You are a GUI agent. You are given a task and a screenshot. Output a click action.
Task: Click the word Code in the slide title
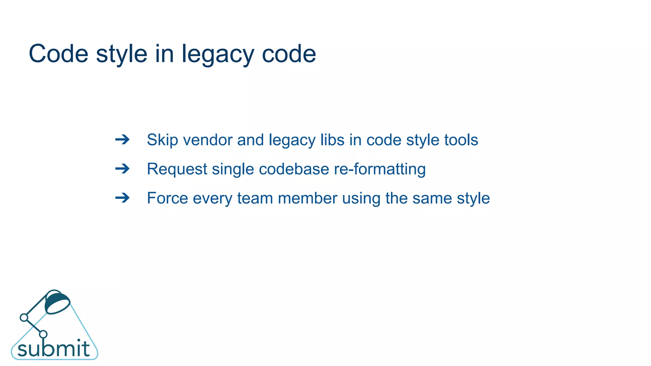point(58,54)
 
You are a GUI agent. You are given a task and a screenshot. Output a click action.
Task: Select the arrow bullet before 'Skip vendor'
point(122,139)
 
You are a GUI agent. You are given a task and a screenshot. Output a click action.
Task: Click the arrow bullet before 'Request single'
point(122,169)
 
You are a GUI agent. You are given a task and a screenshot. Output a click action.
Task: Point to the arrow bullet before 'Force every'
point(122,198)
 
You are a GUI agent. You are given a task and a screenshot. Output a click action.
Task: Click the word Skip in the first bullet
point(162,140)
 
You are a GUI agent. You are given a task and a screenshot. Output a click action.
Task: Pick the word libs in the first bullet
point(332,140)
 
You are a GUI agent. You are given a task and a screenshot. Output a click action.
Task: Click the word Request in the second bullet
point(177,169)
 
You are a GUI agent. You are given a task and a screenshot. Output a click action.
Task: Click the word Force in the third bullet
point(167,198)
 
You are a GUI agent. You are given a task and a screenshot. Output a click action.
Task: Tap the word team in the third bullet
point(255,198)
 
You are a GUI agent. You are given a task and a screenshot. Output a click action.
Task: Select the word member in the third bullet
point(307,198)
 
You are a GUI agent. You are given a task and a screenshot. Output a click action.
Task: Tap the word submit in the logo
point(53,349)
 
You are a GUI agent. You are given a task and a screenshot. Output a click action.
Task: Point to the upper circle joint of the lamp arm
point(24,317)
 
